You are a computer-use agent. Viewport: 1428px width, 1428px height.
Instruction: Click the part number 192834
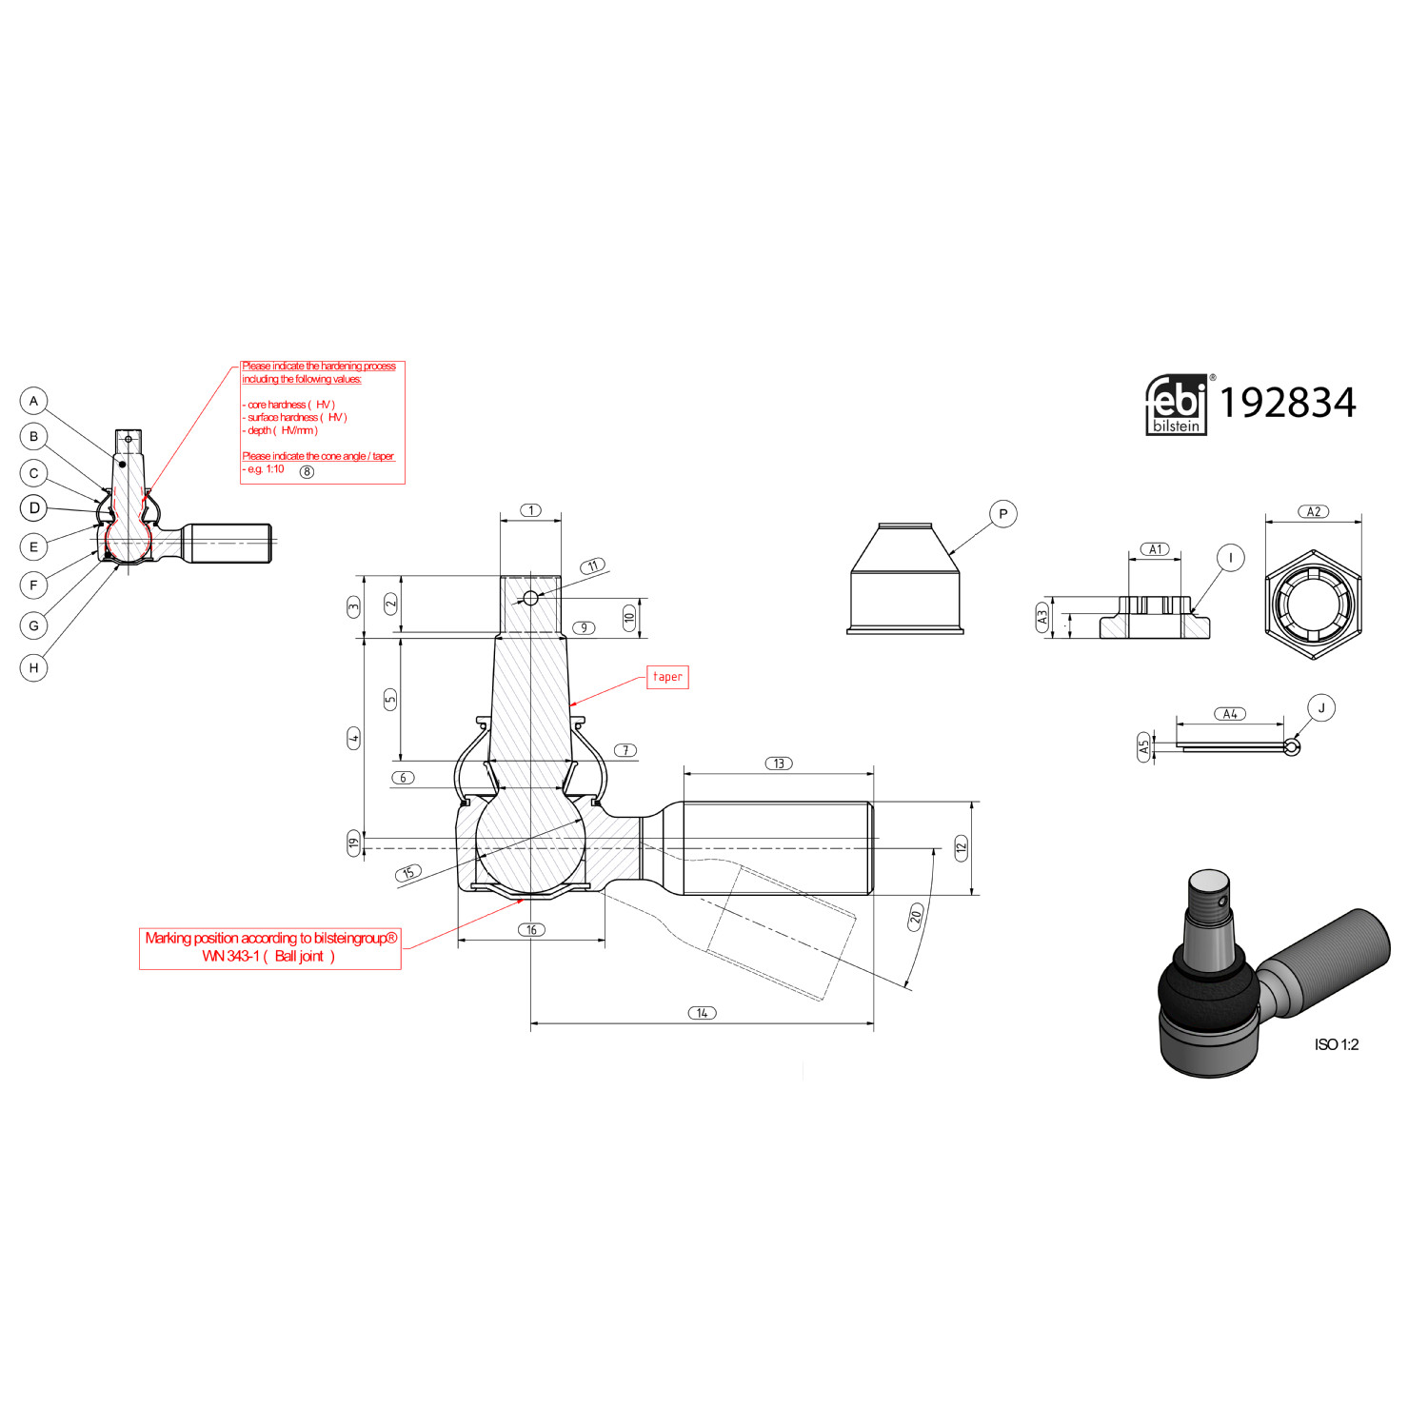pos(1287,403)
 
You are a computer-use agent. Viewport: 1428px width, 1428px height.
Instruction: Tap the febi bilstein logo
pos(1176,405)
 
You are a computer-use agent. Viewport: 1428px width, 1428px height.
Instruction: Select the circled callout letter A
pos(34,401)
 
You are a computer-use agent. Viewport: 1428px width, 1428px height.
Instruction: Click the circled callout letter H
pos(34,667)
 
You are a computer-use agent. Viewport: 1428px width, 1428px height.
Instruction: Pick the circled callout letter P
pos(1002,514)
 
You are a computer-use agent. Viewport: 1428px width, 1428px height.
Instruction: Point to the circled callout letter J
pos(1321,708)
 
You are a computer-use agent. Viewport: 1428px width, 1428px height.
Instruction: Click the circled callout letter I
pos(1231,558)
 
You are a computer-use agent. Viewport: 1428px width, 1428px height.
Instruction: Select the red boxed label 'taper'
pos(667,677)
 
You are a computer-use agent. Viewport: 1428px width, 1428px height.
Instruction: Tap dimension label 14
pos(702,1013)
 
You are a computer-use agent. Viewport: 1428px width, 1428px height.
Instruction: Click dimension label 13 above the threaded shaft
pos(779,764)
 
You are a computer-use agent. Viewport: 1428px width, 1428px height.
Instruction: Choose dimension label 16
pos(531,930)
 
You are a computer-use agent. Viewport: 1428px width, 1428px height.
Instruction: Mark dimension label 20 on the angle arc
pos(916,917)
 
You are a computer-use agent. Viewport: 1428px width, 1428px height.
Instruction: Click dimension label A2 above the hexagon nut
pos(1314,512)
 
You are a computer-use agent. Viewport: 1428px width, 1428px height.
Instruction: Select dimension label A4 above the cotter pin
pos(1230,714)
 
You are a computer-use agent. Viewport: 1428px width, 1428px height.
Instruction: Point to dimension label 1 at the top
pos(531,510)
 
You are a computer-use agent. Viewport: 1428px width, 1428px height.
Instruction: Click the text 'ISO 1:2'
pos(1336,1044)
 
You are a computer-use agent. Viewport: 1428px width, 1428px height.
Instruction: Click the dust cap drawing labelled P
pos(904,581)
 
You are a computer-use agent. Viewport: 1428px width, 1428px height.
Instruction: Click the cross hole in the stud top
pos(531,598)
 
